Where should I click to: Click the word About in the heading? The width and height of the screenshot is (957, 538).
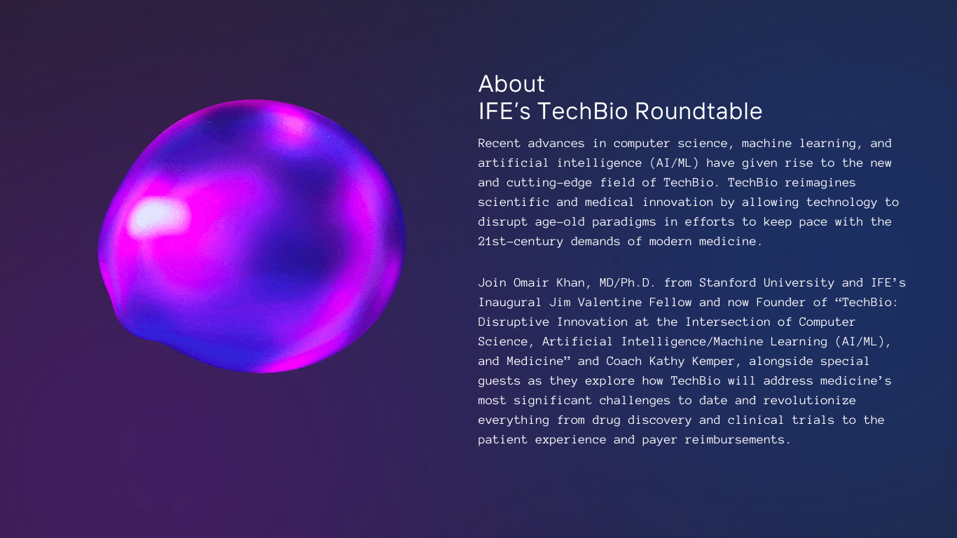point(511,84)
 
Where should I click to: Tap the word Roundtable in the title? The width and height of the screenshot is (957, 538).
point(698,111)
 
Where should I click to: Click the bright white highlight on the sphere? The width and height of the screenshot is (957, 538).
point(158,217)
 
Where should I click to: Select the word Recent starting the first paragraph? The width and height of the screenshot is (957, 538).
point(499,144)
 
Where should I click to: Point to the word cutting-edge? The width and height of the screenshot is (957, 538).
point(549,183)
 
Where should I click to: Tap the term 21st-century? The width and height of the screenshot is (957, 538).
point(521,242)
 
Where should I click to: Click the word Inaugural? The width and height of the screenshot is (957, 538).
point(510,303)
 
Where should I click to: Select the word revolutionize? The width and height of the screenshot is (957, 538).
point(810,401)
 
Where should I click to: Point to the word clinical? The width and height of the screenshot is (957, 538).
point(756,420)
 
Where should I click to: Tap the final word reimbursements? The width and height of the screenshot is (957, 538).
point(735,440)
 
